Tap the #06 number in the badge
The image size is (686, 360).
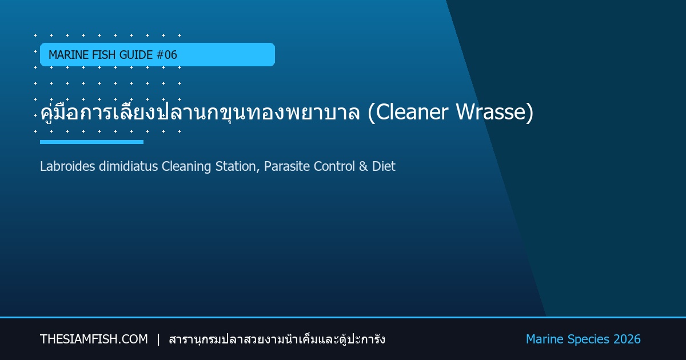166,55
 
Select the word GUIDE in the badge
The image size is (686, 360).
136,55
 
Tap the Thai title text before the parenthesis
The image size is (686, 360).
200,112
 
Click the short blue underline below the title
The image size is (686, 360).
91,142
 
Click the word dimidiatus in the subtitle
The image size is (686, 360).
128,166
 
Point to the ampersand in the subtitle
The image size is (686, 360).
363,166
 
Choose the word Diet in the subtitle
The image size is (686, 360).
384,166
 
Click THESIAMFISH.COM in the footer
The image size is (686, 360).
94,339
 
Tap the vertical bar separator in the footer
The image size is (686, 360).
158,339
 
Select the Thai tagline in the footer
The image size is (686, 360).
277,339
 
